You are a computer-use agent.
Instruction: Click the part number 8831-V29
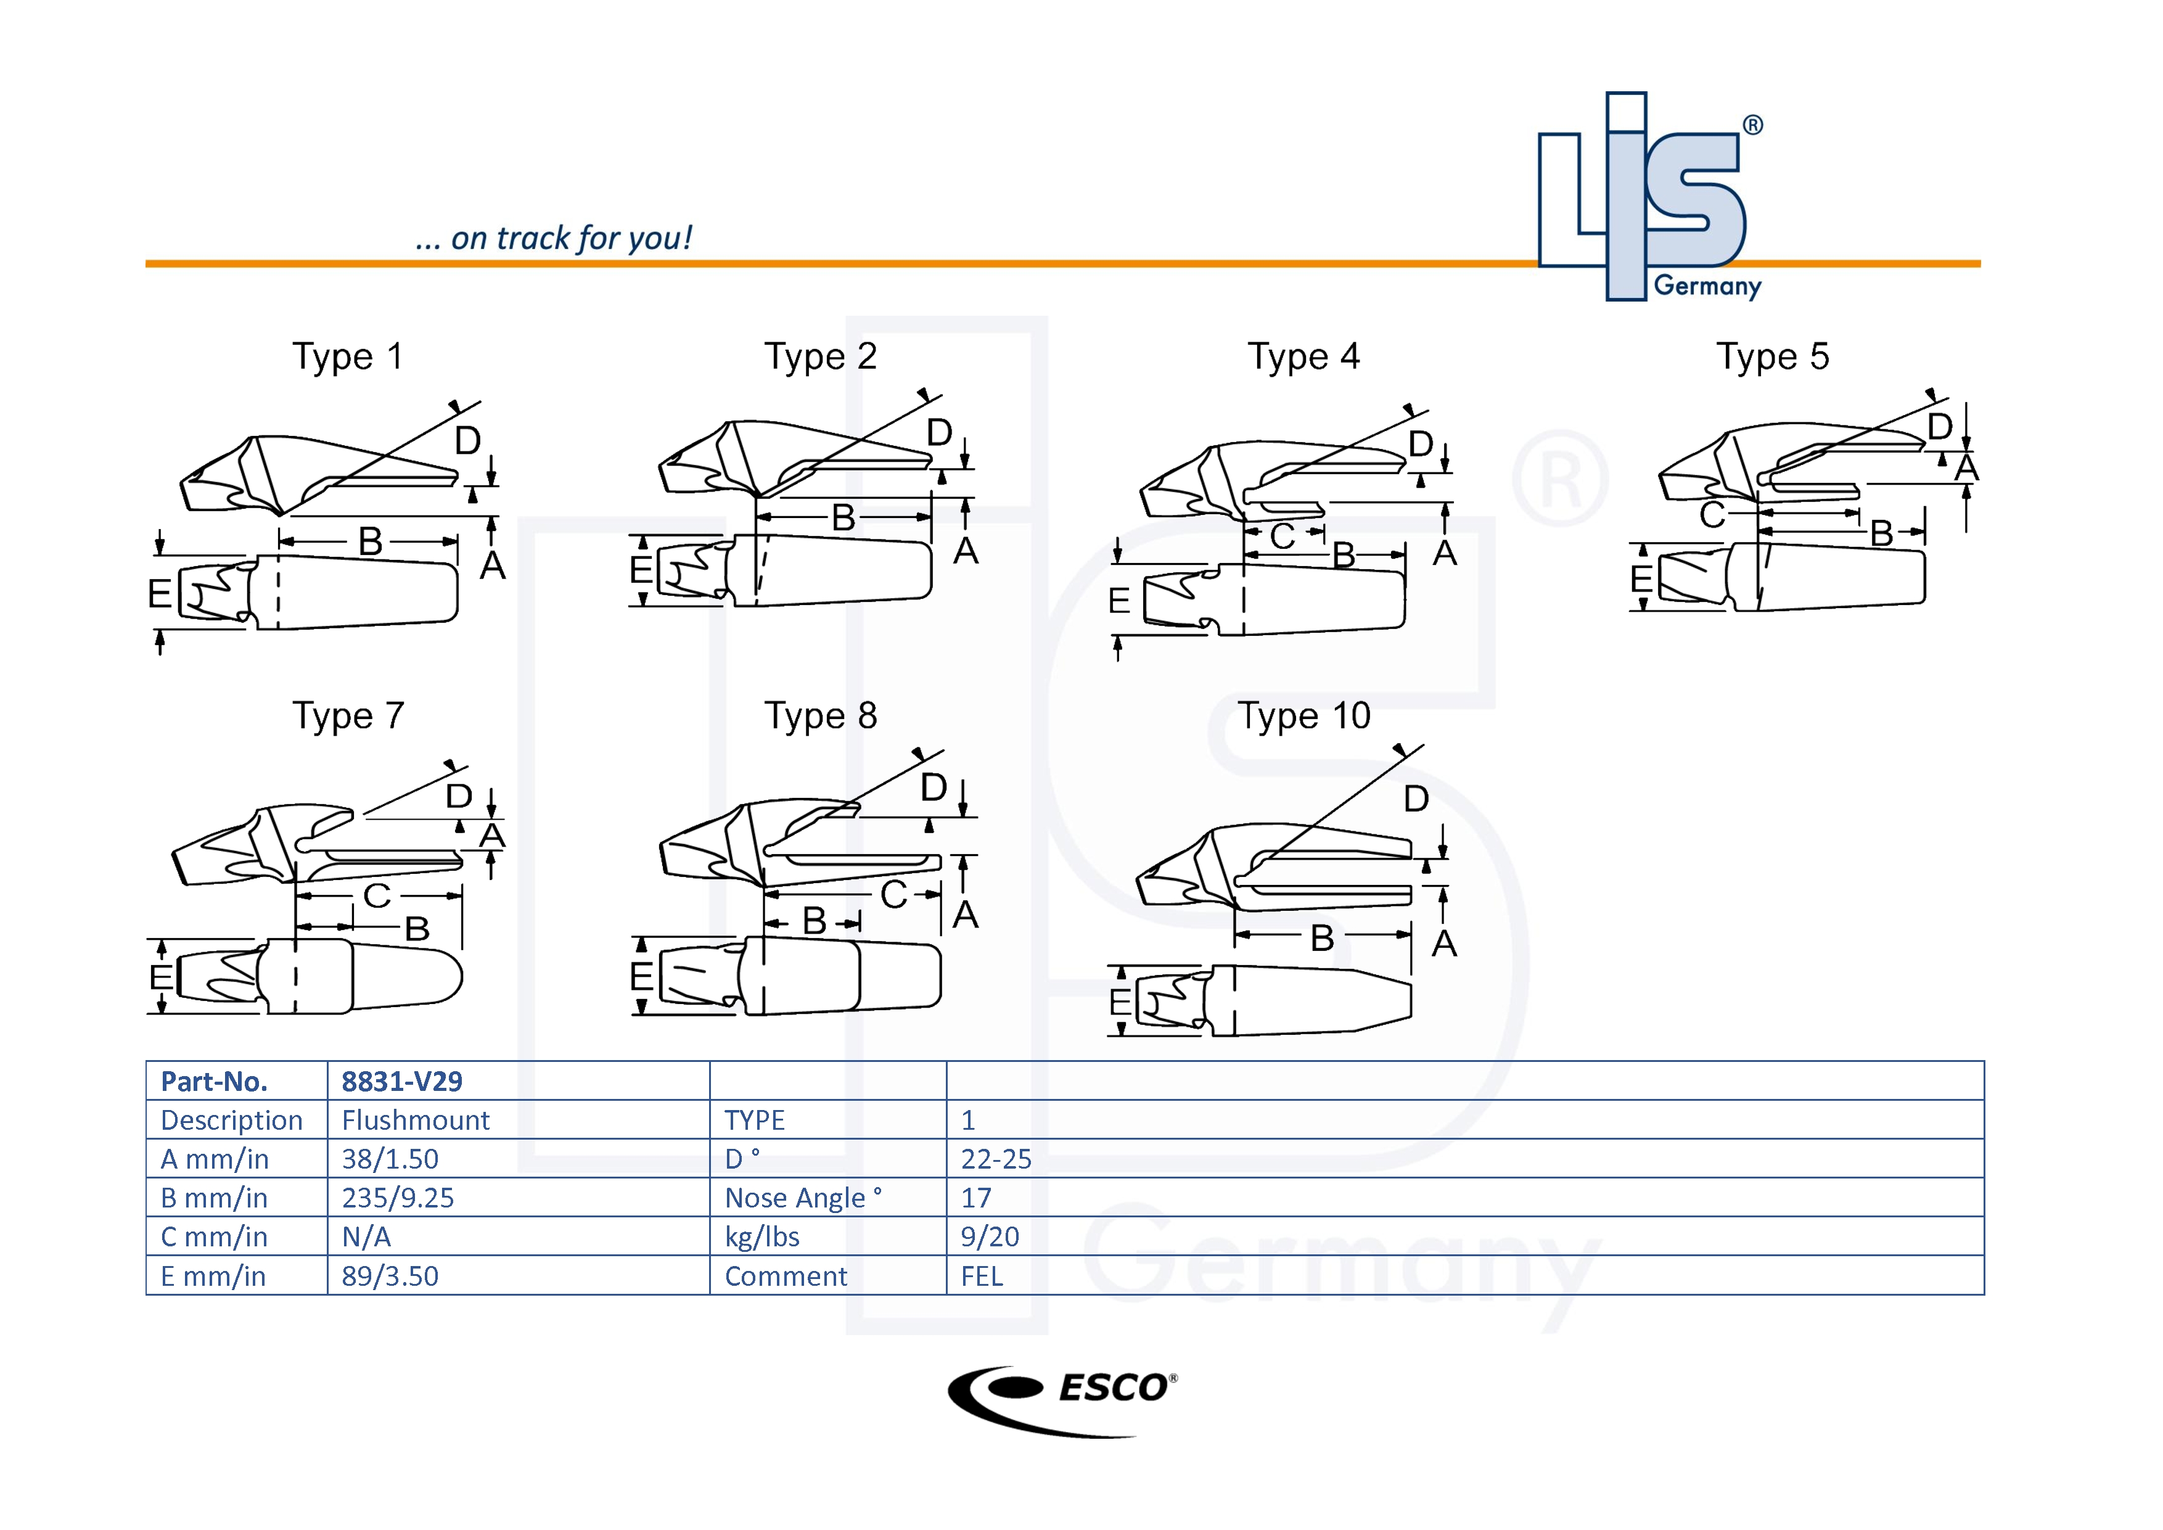pos(401,1082)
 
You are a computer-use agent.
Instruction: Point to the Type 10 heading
pos(1304,716)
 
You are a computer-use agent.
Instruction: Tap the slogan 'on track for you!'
pos(554,239)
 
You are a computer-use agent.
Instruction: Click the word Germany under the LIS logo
pos(1707,286)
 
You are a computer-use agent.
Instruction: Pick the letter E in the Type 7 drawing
pos(160,977)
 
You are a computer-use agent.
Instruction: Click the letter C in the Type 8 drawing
pos(893,895)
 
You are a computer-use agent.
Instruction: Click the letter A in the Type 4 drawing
pos(1444,553)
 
